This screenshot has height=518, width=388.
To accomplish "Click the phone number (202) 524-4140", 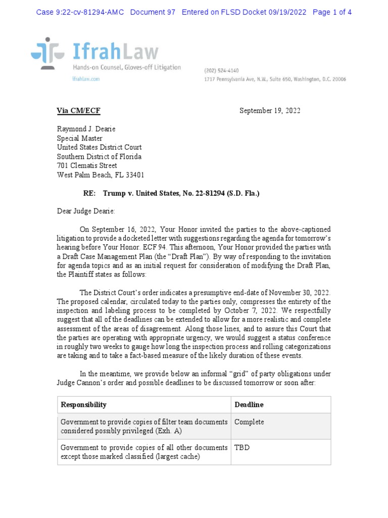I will click(x=221, y=71).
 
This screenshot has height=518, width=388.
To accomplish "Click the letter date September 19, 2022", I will click(x=270, y=111).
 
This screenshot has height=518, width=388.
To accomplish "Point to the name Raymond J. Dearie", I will click(x=86, y=129).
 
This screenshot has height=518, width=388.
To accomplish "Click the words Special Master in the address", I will click(x=79, y=138).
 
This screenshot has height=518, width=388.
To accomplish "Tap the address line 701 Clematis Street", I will click(x=87, y=165).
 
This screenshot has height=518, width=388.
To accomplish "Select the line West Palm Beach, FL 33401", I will click(x=101, y=175).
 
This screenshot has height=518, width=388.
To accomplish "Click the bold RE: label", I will click(x=89, y=194).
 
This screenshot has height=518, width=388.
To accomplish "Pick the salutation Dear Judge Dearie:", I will click(x=86, y=212).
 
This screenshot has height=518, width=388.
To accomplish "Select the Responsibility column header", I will click(x=84, y=405).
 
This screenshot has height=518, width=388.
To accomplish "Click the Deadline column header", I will click(x=249, y=405).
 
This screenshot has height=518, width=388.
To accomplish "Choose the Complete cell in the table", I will click(x=250, y=422).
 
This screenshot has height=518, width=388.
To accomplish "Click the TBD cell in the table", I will click(x=242, y=448).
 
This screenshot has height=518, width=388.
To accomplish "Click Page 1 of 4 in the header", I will click(x=332, y=12).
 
